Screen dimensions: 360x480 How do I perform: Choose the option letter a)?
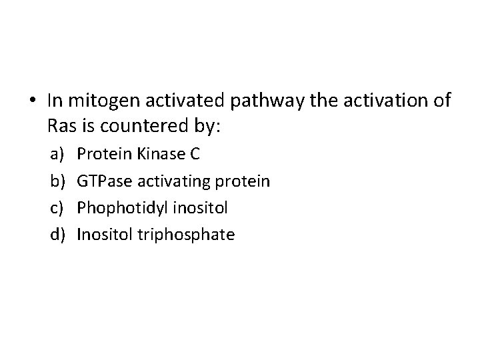(x=55, y=154)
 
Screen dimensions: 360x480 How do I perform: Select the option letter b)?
(x=55, y=181)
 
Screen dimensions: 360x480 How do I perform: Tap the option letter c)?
(x=55, y=207)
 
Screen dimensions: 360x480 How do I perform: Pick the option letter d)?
(x=55, y=234)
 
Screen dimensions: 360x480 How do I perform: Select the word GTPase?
(x=103, y=181)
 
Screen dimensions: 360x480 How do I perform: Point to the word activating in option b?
(x=177, y=181)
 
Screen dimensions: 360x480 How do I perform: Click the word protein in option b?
(x=247, y=181)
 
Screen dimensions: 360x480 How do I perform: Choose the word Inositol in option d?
(x=102, y=234)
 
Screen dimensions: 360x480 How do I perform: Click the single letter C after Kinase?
(x=195, y=154)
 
